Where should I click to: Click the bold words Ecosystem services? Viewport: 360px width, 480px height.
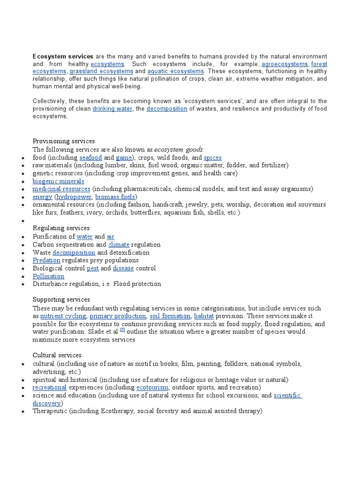[x=63, y=56]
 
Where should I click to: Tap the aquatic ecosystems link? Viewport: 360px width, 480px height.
[x=176, y=71]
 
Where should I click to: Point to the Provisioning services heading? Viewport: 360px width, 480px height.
[x=64, y=141]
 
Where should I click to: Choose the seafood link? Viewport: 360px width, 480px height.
[x=90, y=157]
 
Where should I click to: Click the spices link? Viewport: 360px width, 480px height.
[x=213, y=157]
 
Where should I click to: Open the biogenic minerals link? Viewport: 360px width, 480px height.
[x=59, y=181]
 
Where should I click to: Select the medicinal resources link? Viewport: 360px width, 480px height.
[x=61, y=189]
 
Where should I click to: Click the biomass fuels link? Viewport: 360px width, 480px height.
[x=116, y=197]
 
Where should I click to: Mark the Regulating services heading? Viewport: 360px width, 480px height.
[x=61, y=228]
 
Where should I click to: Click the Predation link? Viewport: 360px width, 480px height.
[x=46, y=260]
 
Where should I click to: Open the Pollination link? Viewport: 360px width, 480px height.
[x=49, y=276]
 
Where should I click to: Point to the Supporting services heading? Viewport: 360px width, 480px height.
[x=61, y=300]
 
